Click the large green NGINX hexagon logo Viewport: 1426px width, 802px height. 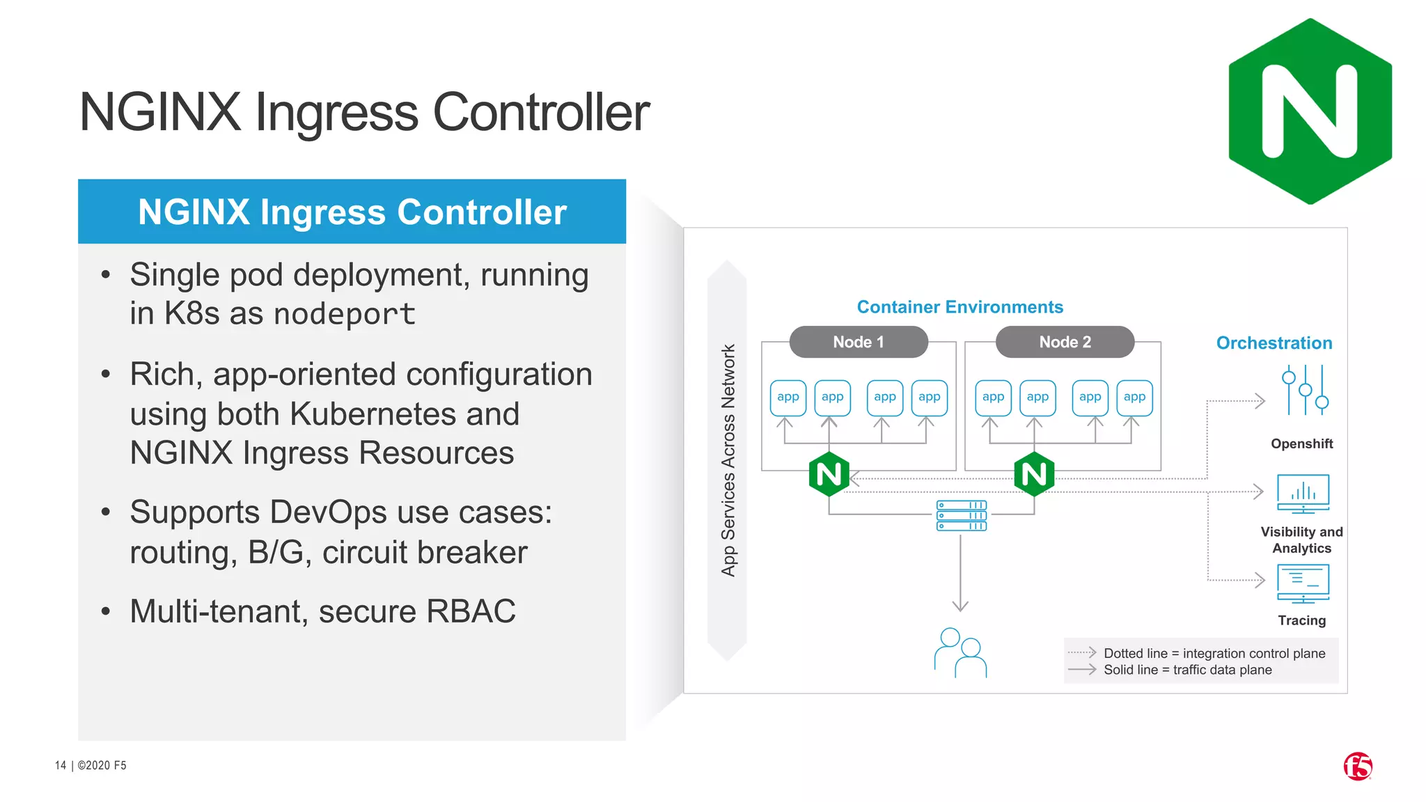tap(1310, 111)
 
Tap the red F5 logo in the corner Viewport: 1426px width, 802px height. tap(1357, 766)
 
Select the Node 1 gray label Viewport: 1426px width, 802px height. tap(858, 342)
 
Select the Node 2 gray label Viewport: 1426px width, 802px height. tap(1065, 342)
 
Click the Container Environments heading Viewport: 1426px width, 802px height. tap(959, 307)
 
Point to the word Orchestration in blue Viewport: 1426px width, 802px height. tap(1274, 343)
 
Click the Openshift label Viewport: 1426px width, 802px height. tap(1301, 444)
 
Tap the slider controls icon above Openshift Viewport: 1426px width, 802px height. tap(1305, 391)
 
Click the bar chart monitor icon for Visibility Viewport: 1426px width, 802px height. tap(1303, 494)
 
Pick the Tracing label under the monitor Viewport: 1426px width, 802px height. tap(1301, 620)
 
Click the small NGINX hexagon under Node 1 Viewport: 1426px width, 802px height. tap(829, 475)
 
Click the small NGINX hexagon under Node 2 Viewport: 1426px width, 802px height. tap(1034, 475)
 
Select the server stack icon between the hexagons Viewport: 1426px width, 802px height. tap(961, 516)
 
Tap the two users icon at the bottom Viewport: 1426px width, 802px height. tap(960, 653)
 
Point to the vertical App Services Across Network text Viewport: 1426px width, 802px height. tap(728, 460)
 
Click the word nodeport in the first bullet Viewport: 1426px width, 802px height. tap(344, 314)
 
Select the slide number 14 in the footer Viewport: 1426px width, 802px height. tap(61, 765)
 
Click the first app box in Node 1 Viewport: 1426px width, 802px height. tap(788, 398)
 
